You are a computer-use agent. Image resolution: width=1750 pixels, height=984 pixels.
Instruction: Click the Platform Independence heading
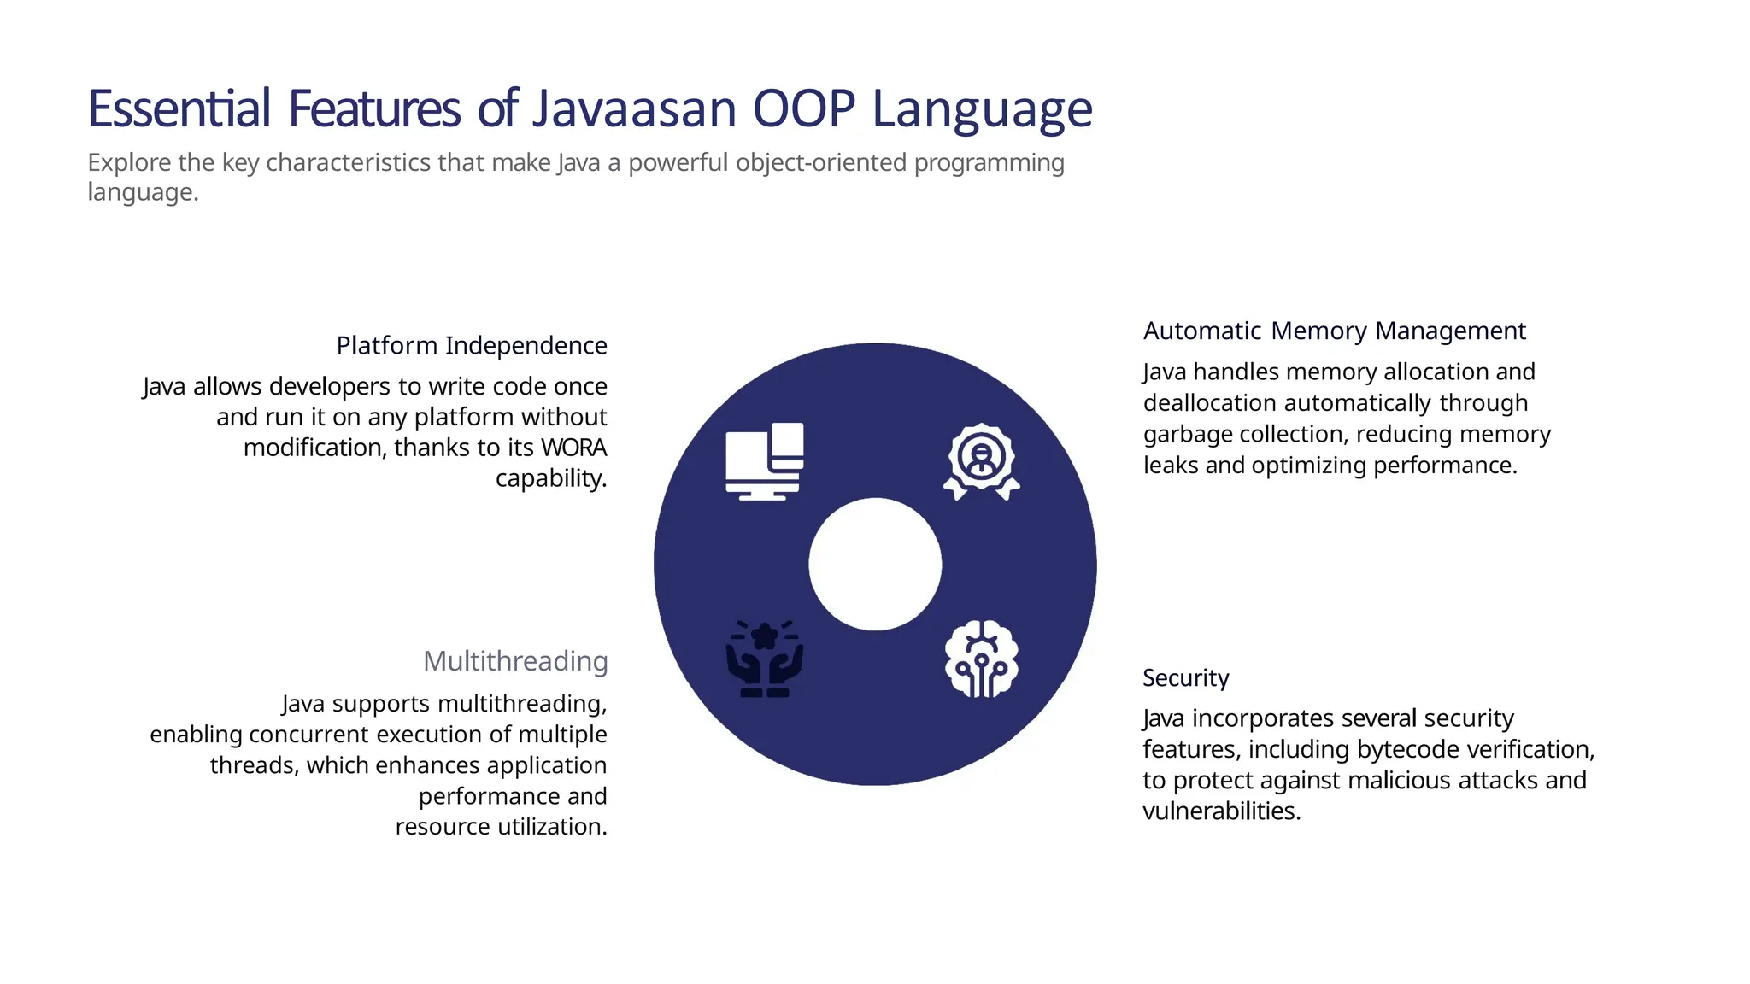[472, 345]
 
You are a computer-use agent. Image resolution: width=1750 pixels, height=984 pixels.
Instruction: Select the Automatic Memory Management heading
[1334, 331]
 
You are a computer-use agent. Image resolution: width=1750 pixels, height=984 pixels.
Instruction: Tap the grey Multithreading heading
[515, 661]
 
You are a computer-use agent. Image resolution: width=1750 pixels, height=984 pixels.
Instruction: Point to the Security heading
[1185, 678]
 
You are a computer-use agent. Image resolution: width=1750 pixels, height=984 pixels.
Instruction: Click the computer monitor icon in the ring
[764, 461]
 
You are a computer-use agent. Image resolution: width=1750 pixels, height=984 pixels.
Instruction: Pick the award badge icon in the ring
[982, 461]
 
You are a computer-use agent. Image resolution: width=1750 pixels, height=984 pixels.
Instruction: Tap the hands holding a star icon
[764, 659]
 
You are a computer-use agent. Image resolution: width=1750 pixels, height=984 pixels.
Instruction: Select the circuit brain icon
[982, 659]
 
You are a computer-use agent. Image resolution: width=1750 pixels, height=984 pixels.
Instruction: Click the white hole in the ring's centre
[875, 565]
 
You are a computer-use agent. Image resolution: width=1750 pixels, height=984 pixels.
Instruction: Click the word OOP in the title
[803, 109]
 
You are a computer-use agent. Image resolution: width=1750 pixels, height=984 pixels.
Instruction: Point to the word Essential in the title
[179, 109]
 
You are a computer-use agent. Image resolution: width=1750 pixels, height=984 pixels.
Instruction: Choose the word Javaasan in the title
[634, 109]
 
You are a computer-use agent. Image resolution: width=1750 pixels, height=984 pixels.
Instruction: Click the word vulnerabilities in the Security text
[1221, 811]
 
